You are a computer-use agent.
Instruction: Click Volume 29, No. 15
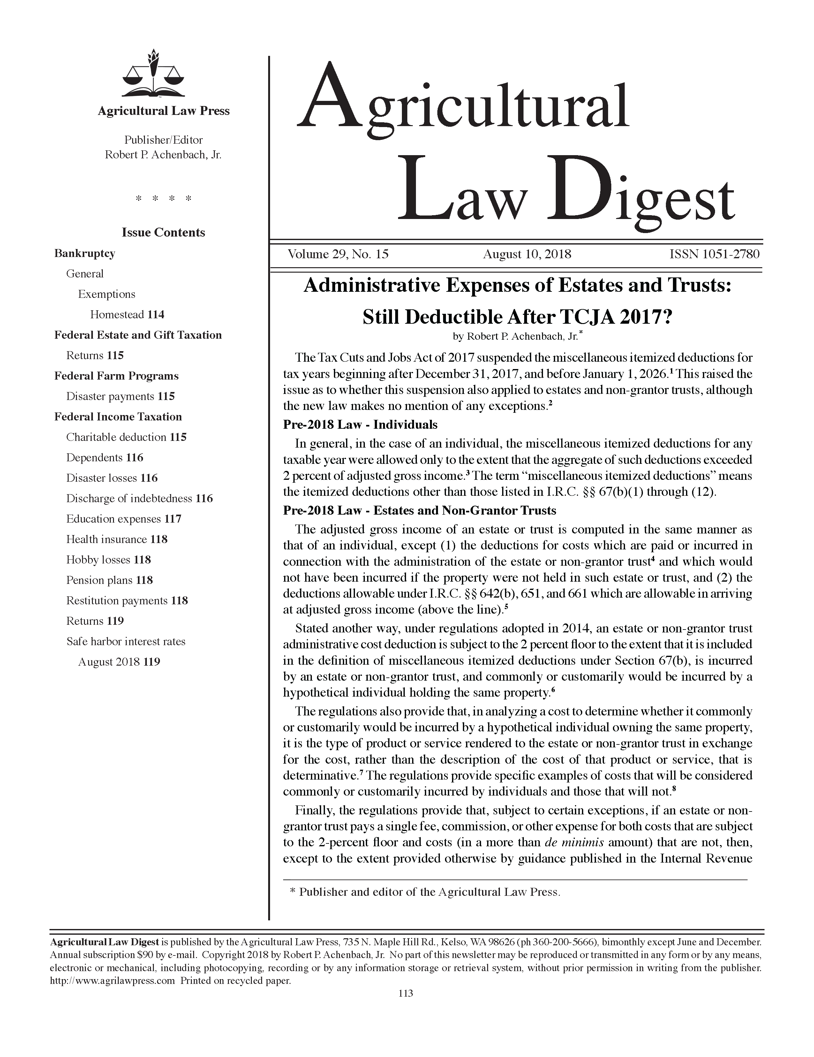point(338,254)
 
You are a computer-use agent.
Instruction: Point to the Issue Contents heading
point(163,232)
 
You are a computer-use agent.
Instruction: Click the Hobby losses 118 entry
point(109,560)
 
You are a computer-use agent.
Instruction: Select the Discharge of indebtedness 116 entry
point(139,499)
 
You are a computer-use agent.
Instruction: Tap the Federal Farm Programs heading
point(116,376)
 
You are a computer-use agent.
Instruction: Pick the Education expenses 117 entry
point(124,519)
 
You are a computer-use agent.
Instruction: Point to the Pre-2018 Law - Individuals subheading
point(360,425)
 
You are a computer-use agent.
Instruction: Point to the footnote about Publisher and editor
point(425,892)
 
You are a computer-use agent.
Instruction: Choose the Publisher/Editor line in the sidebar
point(163,140)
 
